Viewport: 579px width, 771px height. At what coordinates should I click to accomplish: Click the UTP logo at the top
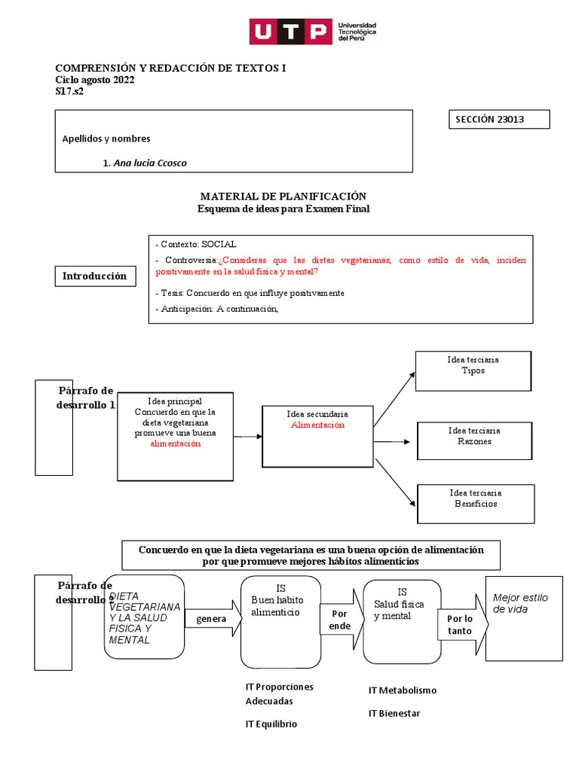313,32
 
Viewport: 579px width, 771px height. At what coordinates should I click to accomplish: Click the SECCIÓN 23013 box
499,120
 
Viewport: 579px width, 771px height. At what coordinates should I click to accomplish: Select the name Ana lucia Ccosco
149,163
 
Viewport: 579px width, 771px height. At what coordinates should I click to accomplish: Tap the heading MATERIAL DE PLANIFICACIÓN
283,196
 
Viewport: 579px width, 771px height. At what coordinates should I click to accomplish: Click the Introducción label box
94,276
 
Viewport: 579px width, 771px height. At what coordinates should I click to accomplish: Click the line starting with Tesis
250,293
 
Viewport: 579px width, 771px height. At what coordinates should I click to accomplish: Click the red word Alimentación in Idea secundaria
317,425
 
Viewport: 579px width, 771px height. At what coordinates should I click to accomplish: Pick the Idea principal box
175,436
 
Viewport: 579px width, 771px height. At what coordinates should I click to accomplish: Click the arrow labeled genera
212,619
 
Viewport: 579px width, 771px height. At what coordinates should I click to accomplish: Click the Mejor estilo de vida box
523,618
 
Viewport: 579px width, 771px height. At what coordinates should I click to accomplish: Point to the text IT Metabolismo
403,690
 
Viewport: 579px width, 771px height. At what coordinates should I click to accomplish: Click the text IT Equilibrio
271,724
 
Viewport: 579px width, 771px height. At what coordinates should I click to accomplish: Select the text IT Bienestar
394,713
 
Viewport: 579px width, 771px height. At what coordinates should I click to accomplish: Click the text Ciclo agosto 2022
95,81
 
